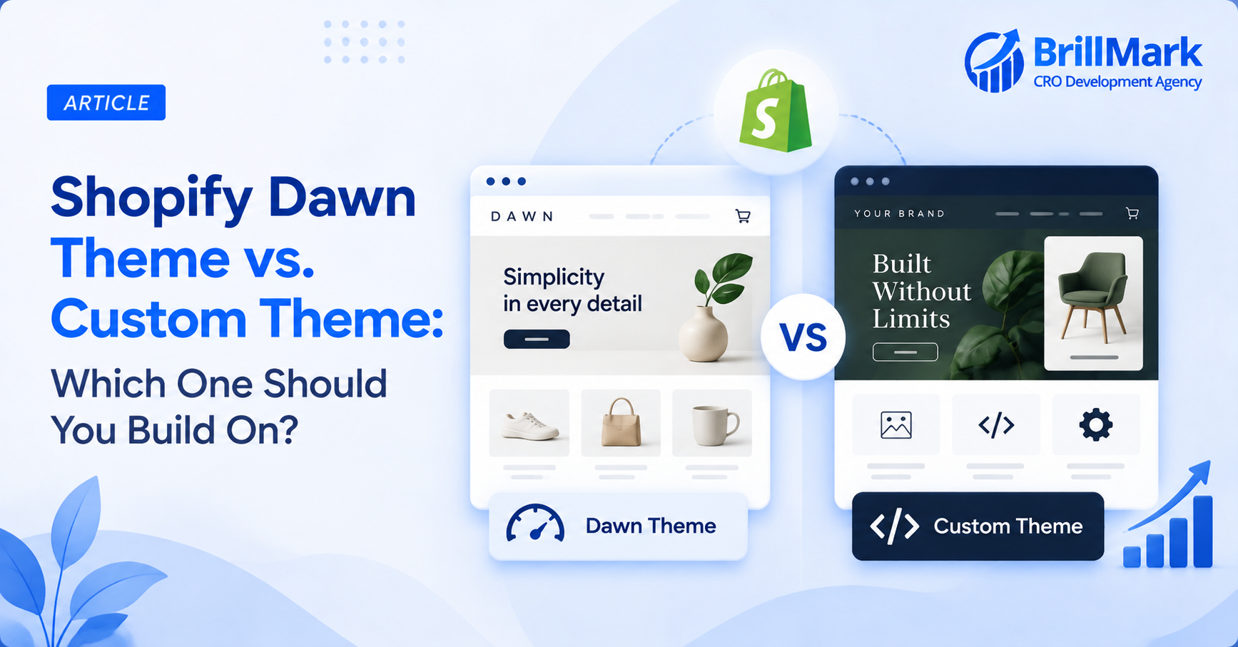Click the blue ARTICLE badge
pyautogui.click(x=106, y=103)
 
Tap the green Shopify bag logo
pyautogui.click(x=776, y=111)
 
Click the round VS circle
pyautogui.click(x=803, y=337)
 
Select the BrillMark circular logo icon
pyautogui.click(x=994, y=61)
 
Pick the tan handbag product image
pyautogui.click(x=621, y=422)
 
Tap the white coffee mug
pyautogui.click(x=714, y=425)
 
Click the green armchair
pyautogui.click(x=1093, y=297)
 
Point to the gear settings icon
pyautogui.click(x=1095, y=425)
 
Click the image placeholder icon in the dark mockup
pyautogui.click(x=896, y=425)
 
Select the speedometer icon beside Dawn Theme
pyautogui.click(x=535, y=523)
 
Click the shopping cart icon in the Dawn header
pyautogui.click(x=743, y=216)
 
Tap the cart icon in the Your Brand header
pyautogui.click(x=1132, y=213)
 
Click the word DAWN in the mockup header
pyautogui.click(x=522, y=216)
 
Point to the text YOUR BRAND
pyautogui.click(x=900, y=213)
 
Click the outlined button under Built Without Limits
pyautogui.click(x=905, y=352)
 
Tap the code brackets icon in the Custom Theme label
pyautogui.click(x=895, y=526)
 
